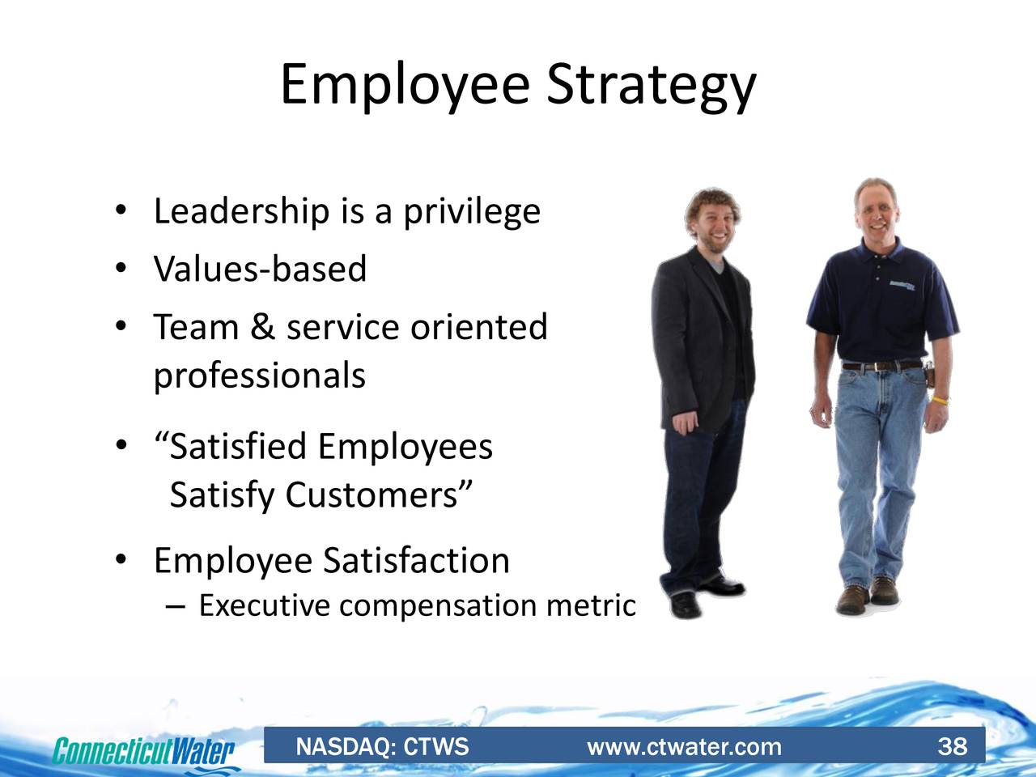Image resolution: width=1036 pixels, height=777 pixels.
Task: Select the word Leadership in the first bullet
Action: tap(242, 212)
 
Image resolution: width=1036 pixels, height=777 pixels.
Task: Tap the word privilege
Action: tap(472, 212)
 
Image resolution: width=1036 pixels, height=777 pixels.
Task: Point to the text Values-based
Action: tap(260, 269)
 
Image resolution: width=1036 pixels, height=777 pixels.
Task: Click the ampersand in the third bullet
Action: tap(263, 327)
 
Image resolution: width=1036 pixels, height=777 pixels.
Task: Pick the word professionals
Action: tap(260, 376)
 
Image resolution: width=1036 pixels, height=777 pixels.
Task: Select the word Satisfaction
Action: tap(416, 561)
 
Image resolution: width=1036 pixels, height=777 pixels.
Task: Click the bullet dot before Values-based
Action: tap(121, 269)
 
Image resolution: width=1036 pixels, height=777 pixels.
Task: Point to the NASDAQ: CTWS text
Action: tap(382, 747)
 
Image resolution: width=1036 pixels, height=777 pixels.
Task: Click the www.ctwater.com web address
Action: tap(684, 748)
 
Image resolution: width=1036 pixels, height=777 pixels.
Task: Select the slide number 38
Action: tap(953, 747)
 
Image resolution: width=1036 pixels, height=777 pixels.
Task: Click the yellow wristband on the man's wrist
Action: tap(940, 401)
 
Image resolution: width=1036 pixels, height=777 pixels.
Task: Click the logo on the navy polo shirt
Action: tap(902, 286)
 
